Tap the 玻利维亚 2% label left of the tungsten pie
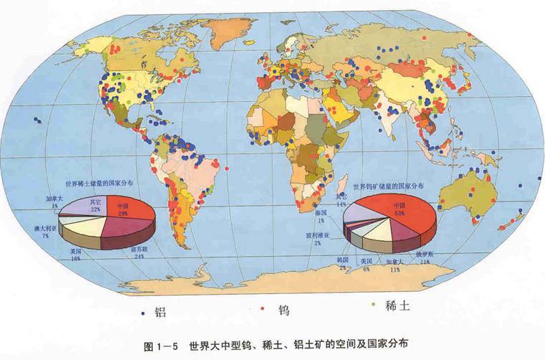pos(320,237)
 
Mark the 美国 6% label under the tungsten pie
pos(367,263)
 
